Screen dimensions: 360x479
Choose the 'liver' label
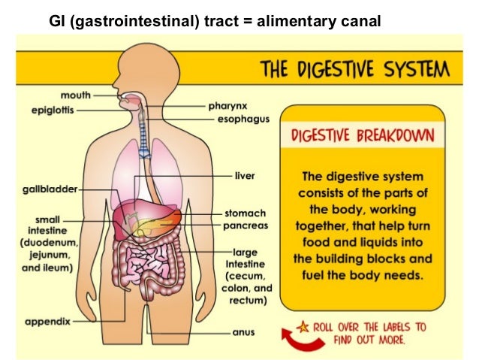point(245,175)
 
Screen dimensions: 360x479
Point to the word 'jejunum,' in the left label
point(47,256)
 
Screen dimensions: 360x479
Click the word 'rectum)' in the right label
point(250,301)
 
